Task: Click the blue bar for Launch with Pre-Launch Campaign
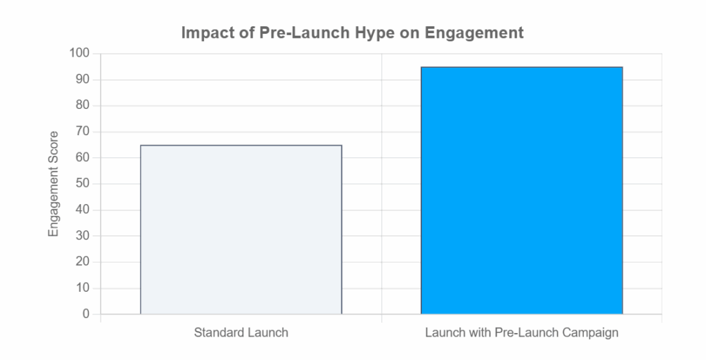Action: coord(522,190)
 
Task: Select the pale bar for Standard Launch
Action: coord(241,230)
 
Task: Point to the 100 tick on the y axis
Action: coord(79,54)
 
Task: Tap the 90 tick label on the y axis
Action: coord(83,80)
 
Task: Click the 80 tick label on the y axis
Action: coord(83,106)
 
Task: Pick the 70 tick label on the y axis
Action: coord(83,132)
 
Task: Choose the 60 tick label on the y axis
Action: coord(83,158)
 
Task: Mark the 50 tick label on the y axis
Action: coord(83,184)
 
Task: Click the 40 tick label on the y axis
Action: coord(83,210)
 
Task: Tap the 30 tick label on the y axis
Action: coord(83,236)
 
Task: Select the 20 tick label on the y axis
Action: coord(83,262)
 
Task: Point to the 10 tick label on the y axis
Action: coord(83,288)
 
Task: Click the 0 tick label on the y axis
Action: coord(86,314)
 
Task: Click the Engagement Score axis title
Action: coord(54,184)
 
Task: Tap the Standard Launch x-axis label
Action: coord(241,333)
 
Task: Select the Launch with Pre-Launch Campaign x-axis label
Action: coord(522,333)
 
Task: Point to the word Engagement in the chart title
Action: coord(474,34)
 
